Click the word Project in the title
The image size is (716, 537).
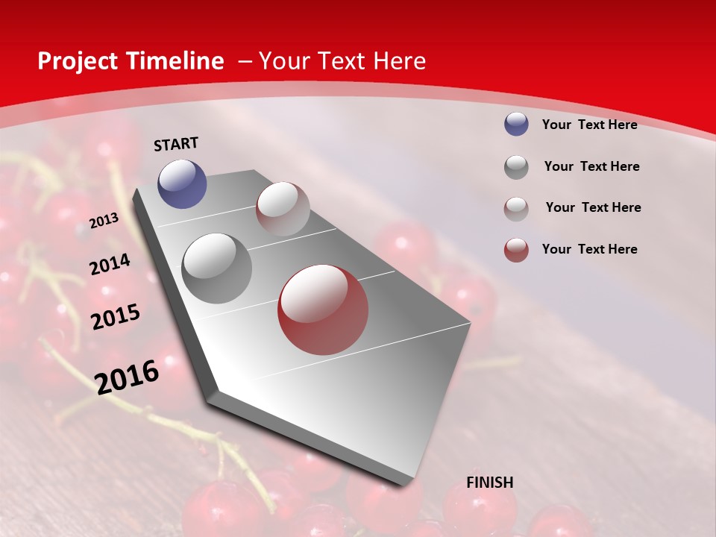(x=78, y=61)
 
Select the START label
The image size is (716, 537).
(x=176, y=144)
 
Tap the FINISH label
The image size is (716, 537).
(x=490, y=483)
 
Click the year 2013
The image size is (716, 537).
(x=104, y=221)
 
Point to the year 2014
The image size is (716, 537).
(x=110, y=265)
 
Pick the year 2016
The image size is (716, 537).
(x=128, y=377)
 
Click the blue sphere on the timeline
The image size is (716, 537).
(x=182, y=183)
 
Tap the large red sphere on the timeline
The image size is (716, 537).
(x=323, y=310)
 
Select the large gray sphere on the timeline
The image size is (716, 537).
(x=216, y=268)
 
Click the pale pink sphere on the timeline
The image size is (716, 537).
(x=283, y=209)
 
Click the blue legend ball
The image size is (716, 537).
(x=516, y=125)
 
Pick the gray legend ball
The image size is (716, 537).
(x=516, y=167)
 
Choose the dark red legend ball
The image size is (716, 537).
(x=516, y=250)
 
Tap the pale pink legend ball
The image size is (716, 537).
(x=516, y=208)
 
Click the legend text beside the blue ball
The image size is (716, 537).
(x=590, y=125)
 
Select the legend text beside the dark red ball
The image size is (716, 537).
(x=590, y=249)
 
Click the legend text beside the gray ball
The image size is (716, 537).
(x=592, y=166)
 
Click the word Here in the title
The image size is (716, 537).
(x=399, y=61)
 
